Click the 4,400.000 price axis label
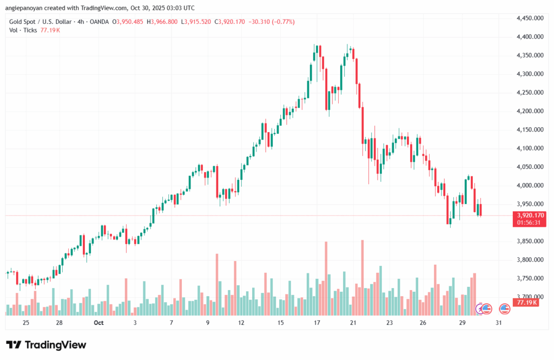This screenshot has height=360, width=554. point(530,37)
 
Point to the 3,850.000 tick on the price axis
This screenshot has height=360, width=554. point(530,241)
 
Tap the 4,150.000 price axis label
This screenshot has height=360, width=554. point(530,130)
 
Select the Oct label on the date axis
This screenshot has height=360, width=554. point(98,323)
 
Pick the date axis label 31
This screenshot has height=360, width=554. point(498,323)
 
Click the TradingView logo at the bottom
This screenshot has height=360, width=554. point(46,345)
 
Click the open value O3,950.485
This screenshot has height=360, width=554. point(128,22)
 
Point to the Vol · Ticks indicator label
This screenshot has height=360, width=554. point(23,30)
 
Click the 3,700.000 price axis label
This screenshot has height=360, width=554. point(530,297)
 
